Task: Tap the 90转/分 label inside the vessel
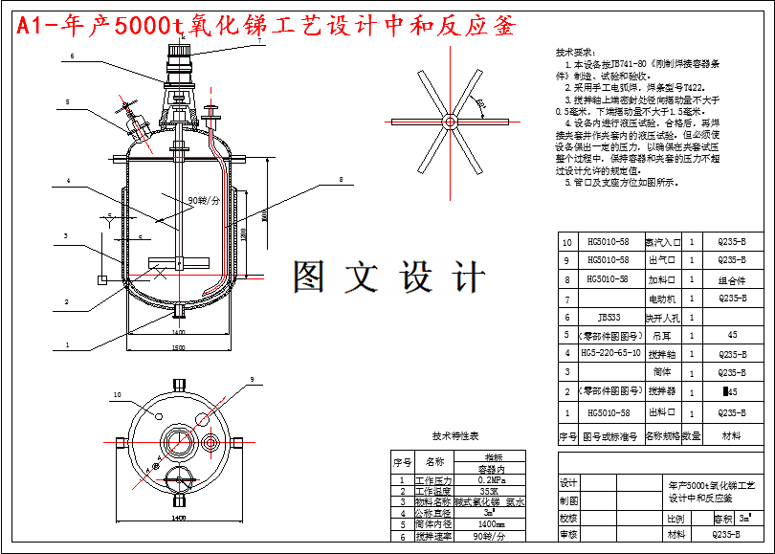(204, 201)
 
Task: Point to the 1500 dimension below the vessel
(178, 347)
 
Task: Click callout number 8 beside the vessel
(339, 179)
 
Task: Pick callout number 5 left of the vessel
(68, 101)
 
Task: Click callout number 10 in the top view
(118, 394)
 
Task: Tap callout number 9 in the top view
(253, 380)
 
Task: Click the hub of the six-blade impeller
(446, 121)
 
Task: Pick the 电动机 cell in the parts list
(663, 299)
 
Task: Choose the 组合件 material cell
(732, 280)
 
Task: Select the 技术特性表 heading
(455, 435)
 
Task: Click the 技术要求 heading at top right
(575, 52)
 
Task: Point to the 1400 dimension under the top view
(178, 518)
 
